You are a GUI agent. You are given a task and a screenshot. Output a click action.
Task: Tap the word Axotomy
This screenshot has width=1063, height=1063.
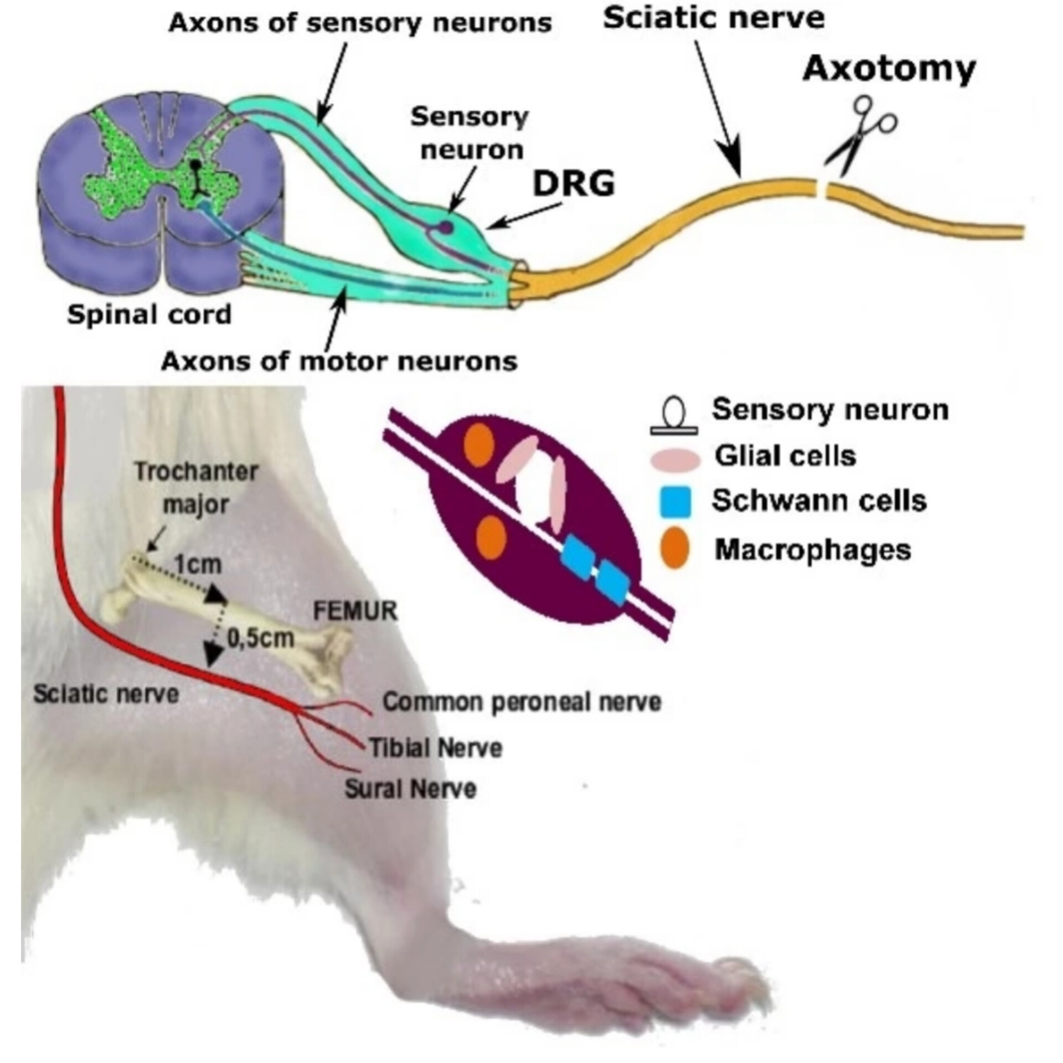click(889, 69)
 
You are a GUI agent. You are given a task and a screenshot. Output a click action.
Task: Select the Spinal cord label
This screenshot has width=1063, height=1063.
click(149, 315)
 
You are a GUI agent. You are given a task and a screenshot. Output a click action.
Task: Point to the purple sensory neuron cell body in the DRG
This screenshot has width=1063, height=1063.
click(446, 226)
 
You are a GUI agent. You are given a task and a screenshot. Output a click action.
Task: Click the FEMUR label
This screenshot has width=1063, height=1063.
click(355, 611)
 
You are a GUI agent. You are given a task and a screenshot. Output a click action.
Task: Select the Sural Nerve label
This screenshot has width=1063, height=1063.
click(410, 788)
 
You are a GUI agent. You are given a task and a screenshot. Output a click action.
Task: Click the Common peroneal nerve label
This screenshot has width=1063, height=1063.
click(522, 702)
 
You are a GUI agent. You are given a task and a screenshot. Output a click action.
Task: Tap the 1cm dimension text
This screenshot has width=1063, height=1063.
click(198, 564)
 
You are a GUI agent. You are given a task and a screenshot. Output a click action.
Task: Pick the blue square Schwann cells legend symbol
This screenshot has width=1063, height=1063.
click(675, 502)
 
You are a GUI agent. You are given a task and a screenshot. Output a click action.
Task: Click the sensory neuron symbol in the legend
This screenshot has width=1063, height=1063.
click(674, 417)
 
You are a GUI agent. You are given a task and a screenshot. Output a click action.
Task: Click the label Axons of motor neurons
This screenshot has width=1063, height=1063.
click(339, 362)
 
